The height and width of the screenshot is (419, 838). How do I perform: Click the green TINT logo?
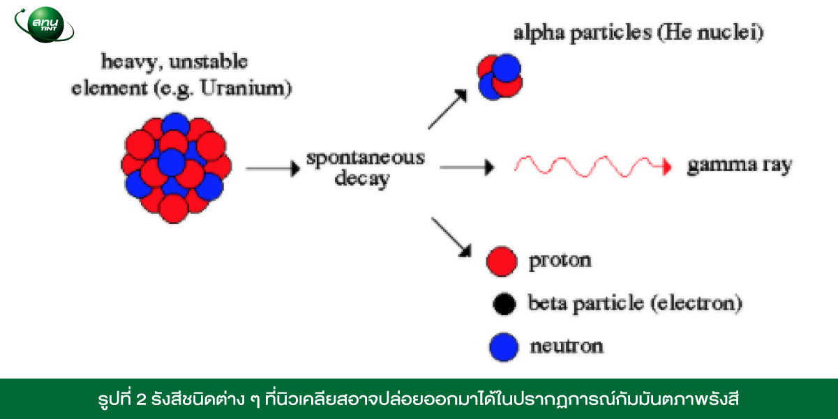(44, 24)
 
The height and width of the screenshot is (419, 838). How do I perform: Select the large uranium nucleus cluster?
(176, 168)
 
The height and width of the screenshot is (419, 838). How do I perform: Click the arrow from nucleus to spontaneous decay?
(273, 168)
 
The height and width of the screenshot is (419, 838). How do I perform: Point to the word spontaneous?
(366, 158)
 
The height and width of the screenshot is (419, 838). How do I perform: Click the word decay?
(361, 178)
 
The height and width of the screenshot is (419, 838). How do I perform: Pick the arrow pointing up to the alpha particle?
(448, 109)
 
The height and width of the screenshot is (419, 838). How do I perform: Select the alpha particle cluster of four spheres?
(500, 77)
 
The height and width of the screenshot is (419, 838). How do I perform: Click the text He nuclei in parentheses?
(714, 33)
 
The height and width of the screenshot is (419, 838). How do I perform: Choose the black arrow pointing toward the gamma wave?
(467, 167)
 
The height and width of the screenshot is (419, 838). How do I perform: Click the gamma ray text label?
(740, 165)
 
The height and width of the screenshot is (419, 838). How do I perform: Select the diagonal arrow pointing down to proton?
(451, 237)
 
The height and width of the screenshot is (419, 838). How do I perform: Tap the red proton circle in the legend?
(502, 261)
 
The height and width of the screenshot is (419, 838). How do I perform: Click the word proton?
(560, 261)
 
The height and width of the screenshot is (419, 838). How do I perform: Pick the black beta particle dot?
(504, 304)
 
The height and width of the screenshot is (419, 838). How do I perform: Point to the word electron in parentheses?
(696, 303)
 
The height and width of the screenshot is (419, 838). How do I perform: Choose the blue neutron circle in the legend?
(504, 347)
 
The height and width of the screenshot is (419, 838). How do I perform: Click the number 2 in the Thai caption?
(141, 400)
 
